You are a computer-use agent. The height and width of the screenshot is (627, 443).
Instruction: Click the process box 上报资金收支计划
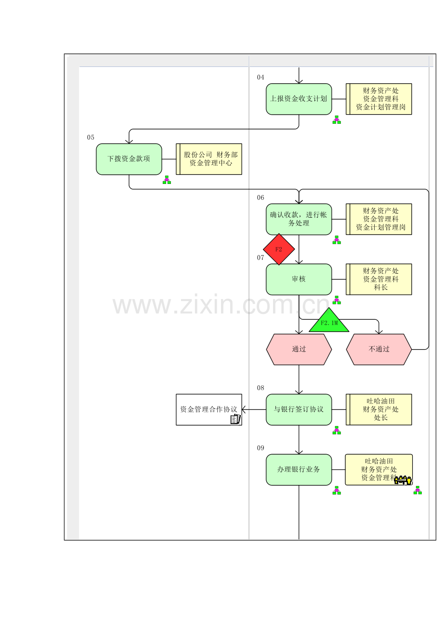pyautogui.click(x=299, y=99)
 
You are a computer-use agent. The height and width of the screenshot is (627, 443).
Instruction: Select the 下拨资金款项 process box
pyautogui.click(x=129, y=159)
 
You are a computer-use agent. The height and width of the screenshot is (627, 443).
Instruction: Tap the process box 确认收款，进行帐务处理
pyautogui.click(x=299, y=219)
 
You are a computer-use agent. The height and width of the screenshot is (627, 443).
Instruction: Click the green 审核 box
pyautogui.click(x=299, y=279)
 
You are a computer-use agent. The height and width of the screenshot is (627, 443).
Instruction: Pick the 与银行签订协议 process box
pyautogui.click(x=299, y=409)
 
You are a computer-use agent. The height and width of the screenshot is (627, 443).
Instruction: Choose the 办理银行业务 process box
pyautogui.click(x=299, y=470)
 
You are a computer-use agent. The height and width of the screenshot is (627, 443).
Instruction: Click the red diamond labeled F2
pyautogui.click(x=279, y=249)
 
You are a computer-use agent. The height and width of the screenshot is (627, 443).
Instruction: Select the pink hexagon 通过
pyautogui.click(x=299, y=349)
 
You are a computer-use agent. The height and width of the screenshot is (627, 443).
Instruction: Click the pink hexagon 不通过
pyautogui.click(x=378, y=349)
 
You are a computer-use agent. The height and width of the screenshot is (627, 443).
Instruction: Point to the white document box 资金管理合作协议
pyautogui.click(x=209, y=409)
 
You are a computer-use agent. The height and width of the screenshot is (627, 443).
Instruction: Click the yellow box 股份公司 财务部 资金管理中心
pyautogui.click(x=209, y=159)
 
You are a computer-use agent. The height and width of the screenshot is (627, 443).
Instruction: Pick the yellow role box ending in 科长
pyautogui.click(x=378, y=279)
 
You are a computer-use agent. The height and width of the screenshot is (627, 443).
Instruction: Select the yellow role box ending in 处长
pyautogui.click(x=378, y=409)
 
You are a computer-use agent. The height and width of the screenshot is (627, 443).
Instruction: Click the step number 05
pyautogui.click(x=91, y=137)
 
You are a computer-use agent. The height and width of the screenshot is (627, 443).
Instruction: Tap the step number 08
pyautogui.click(x=261, y=388)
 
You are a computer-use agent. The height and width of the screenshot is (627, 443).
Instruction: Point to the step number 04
pyautogui.click(x=261, y=77)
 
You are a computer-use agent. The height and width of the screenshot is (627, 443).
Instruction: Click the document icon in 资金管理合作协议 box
pyautogui.click(x=235, y=419)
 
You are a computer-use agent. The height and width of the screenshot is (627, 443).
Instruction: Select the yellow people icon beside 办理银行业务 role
pyautogui.click(x=403, y=480)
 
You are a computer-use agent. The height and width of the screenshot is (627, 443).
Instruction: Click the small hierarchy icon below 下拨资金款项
pyautogui.click(x=167, y=180)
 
